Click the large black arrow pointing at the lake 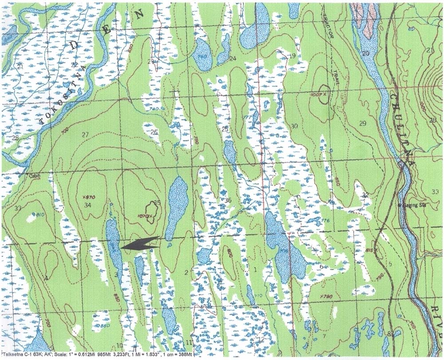(140, 244)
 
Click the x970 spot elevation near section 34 (89, 196)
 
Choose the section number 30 (294, 127)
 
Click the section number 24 (233, 59)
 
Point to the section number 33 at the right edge (435, 192)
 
